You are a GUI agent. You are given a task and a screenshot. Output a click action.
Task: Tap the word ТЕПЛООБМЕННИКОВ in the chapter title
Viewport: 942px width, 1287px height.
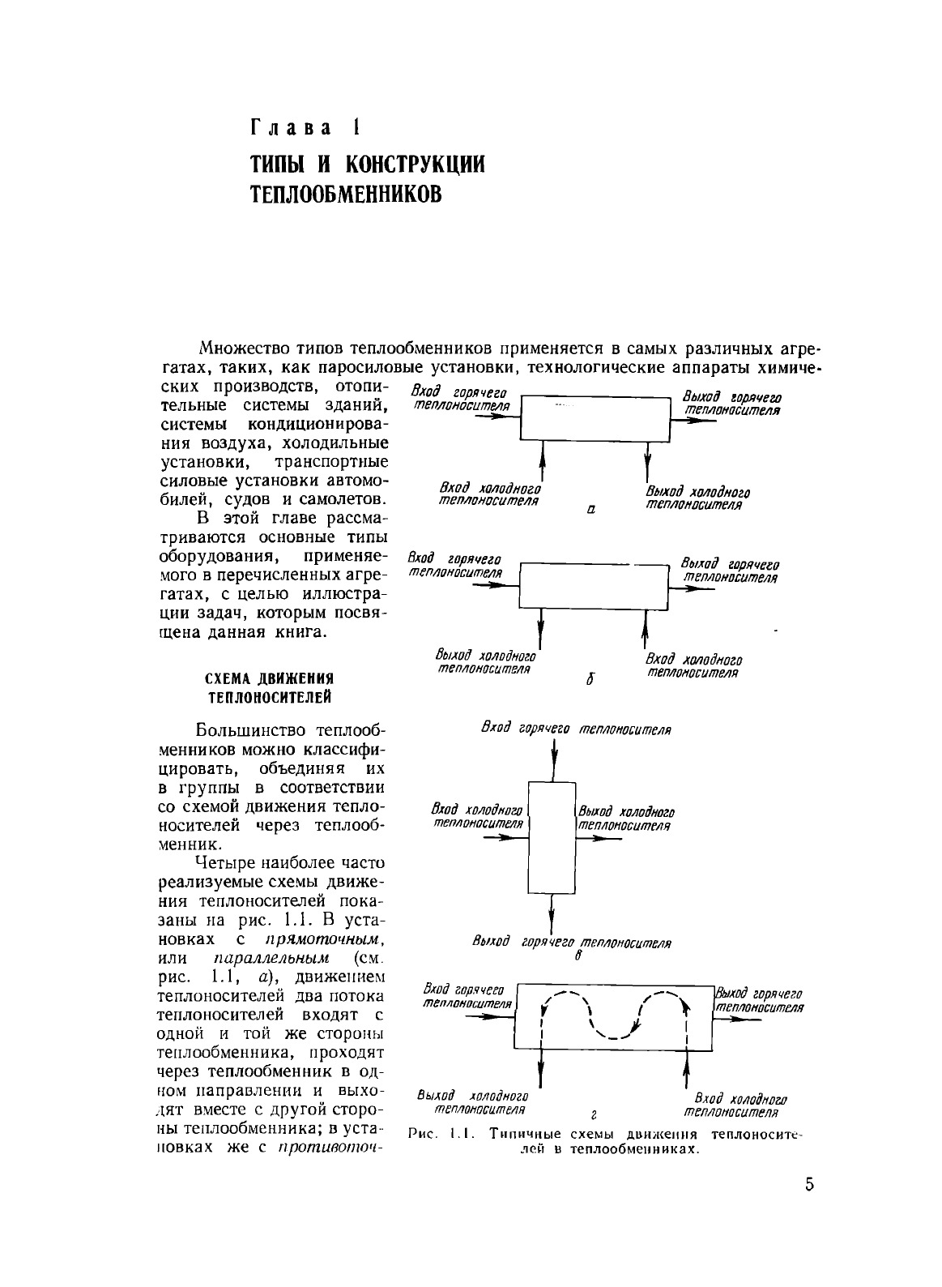pos(346,195)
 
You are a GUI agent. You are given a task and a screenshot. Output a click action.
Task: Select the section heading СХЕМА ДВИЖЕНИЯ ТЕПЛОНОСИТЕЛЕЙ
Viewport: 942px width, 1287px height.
pos(268,687)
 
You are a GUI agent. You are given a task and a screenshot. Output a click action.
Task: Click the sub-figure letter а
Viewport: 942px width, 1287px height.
pos(591,511)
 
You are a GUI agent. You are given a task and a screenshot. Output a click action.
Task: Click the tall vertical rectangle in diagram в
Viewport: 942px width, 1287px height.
pos(552,836)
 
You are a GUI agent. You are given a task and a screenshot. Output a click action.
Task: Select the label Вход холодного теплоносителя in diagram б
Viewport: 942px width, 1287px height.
pos(694,665)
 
